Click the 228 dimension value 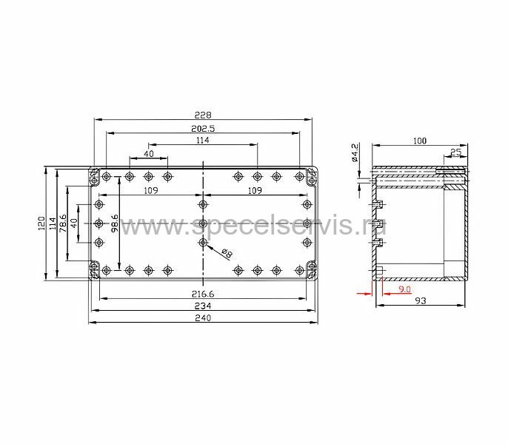(203, 115)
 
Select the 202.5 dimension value (203, 129)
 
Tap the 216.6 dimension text (203, 294)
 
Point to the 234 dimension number (203, 306)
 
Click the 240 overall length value (203, 318)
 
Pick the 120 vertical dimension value (41, 223)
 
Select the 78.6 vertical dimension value (63, 223)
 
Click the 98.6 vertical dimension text (114, 223)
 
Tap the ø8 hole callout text (227, 253)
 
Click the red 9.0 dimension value (404, 289)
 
